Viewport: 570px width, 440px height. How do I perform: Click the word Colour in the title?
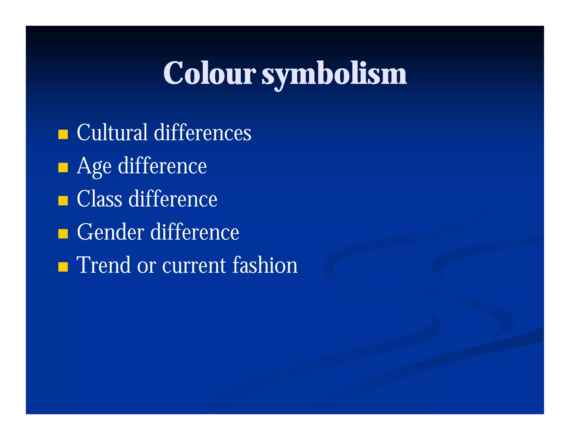coord(209,73)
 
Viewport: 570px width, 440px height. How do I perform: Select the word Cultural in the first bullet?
coord(112,132)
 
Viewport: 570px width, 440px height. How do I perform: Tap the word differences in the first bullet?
coord(203,132)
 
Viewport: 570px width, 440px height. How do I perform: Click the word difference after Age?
coord(163,166)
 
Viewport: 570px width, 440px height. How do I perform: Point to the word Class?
coord(99,199)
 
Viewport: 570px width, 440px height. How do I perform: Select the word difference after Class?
coord(173,199)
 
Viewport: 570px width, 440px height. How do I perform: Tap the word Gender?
coord(110,232)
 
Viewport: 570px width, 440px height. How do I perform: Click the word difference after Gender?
coord(195,232)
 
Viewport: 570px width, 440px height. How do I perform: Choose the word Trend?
coord(104,265)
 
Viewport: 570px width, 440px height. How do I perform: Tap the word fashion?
coord(265,265)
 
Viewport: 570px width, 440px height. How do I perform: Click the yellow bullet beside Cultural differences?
coord(63,134)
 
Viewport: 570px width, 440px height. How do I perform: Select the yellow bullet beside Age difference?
coord(63,167)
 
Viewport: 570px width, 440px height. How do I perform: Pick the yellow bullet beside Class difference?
coord(63,201)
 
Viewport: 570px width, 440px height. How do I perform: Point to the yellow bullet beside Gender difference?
coord(63,234)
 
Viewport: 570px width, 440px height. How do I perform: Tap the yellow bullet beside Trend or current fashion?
coord(63,267)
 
